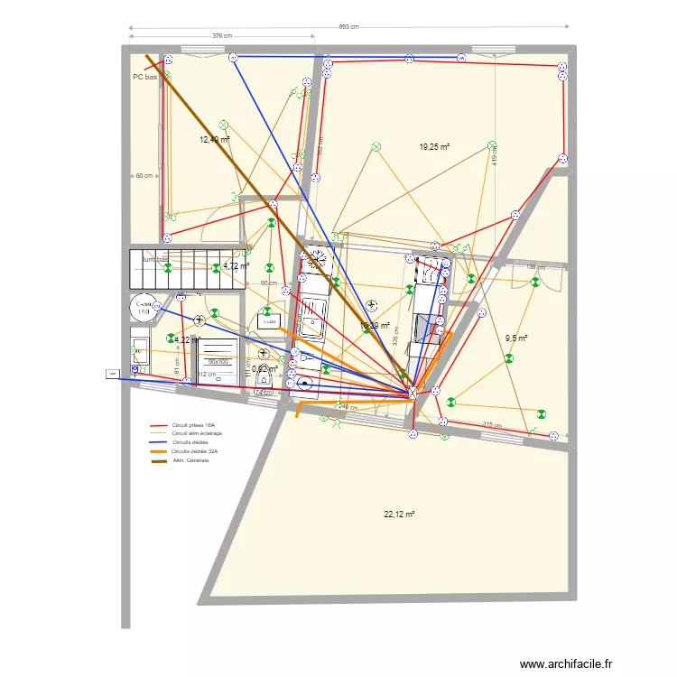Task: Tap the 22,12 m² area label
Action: pos(398,515)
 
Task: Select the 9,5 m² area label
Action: pos(515,338)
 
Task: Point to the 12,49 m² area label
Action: pos(215,140)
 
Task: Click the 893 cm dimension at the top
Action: pos(348,27)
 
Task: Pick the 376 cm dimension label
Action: pos(222,36)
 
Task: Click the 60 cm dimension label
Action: pos(144,175)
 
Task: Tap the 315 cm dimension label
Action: pos(491,425)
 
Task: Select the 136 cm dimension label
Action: pos(536,267)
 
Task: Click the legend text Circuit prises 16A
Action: pos(199,425)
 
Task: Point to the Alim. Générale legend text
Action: pos(191,461)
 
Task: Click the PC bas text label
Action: pos(145,78)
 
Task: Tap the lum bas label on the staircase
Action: pos(156,260)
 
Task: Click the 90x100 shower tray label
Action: pos(218,361)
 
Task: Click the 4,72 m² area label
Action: pos(236,266)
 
